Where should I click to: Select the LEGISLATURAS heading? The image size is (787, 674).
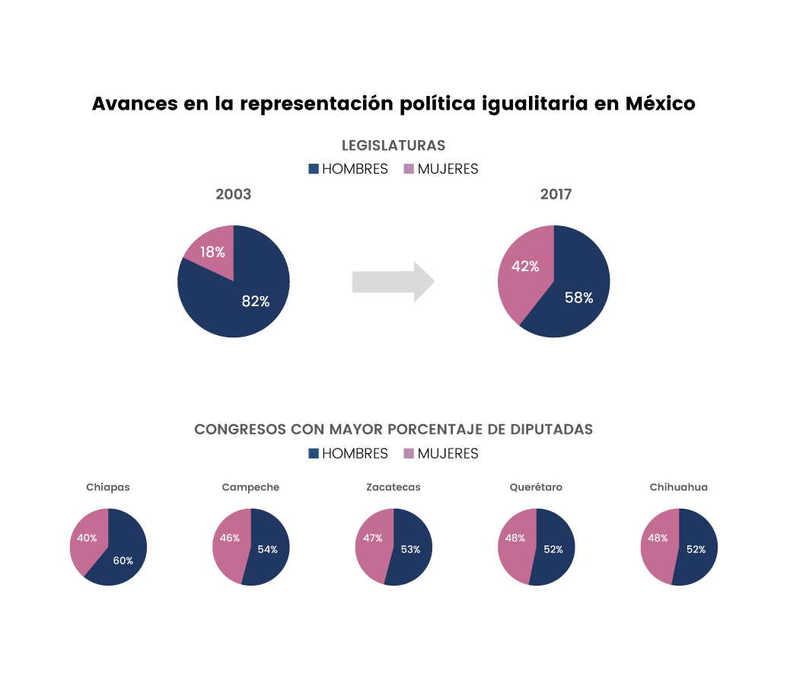[393, 145]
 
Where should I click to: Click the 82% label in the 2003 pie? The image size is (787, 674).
[256, 301]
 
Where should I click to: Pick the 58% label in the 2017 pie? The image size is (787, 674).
[578, 298]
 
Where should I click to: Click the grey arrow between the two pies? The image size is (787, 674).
[392, 282]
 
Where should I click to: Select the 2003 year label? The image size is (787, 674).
[233, 194]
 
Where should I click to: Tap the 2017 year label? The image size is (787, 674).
[556, 194]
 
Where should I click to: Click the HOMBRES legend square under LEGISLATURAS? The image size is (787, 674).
[314, 169]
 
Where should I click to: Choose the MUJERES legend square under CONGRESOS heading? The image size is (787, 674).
[409, 454]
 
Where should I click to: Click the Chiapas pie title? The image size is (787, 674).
[108, 487]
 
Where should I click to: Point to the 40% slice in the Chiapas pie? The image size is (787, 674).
[87, 539]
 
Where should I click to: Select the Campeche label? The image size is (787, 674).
[250, 487]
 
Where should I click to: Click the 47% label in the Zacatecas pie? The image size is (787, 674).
[373, 538]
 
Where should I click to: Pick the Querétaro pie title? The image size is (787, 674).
[536, 487]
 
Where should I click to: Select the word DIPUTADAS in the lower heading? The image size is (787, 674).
[550, 430]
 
